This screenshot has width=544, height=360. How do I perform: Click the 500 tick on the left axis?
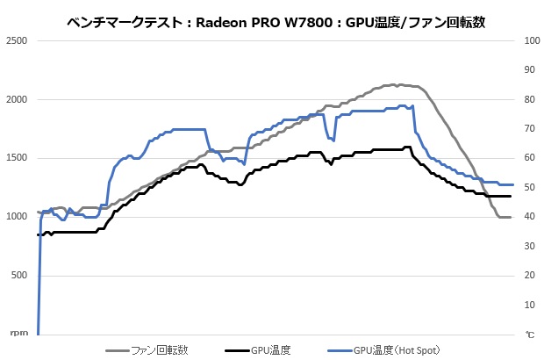coord(19,276)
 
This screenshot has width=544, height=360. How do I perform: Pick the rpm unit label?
coord(18,334)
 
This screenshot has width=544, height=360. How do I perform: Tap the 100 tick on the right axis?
coord(531,41)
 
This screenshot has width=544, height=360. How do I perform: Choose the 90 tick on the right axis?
coord(529,70)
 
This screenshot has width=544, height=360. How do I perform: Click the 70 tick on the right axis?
coord(529,129)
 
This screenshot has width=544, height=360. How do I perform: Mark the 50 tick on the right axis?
coord(529,188)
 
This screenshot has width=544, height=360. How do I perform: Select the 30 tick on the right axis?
coord(529,247)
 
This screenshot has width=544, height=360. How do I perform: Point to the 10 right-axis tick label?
coord(529,305)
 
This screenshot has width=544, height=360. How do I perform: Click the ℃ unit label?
coord(529,335)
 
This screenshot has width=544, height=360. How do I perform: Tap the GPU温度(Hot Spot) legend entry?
coord(393,349)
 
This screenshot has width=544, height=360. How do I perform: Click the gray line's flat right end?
coord(505,217)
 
